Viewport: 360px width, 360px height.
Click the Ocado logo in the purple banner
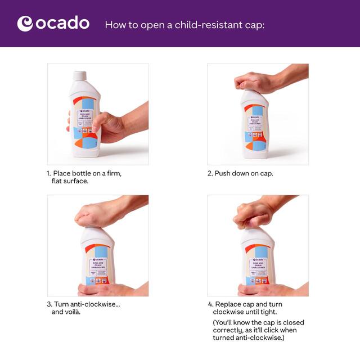(x=53, y=24)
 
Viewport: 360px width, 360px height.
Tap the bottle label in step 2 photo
(x=256, y=126)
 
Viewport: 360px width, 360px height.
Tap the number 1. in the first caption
(x=49, y=174)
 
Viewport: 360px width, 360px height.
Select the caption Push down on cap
(x=240, y=174)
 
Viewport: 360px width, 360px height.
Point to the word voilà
(x=71, y=312)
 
